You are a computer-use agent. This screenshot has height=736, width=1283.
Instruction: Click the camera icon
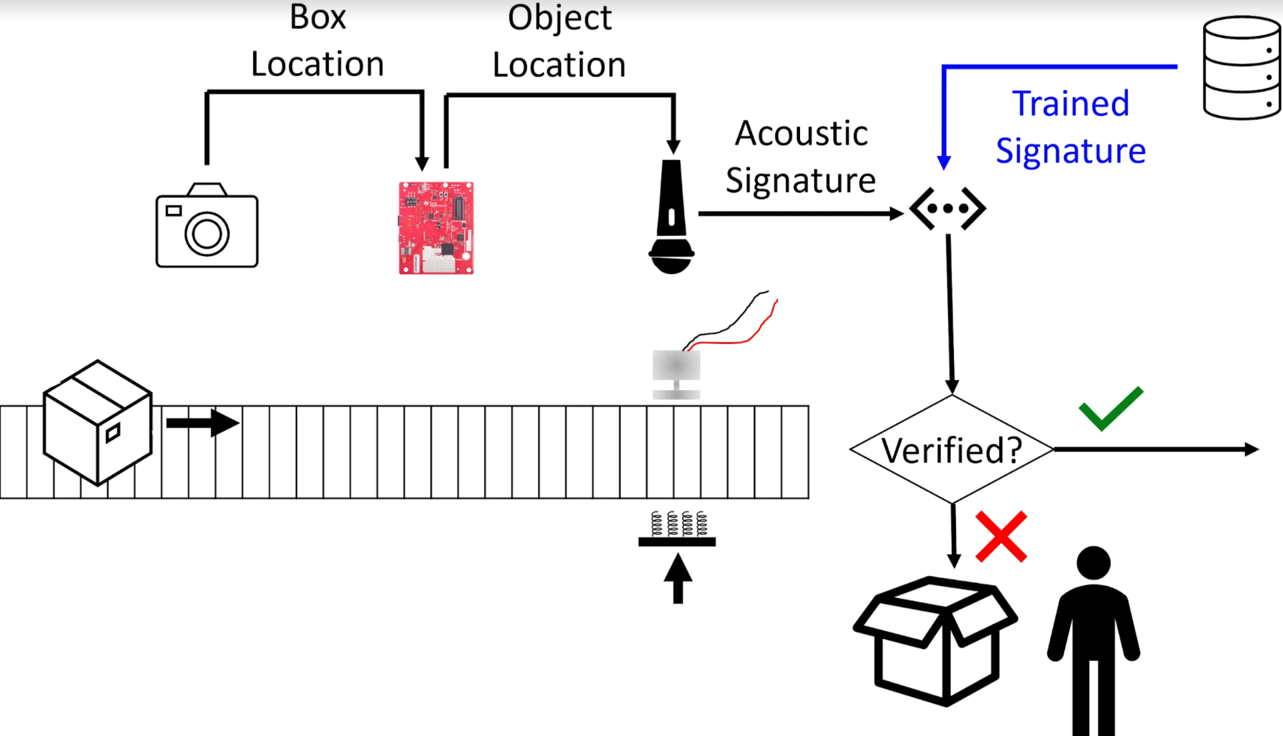(207, 225)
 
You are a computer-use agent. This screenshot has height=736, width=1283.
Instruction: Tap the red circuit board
(436, 227)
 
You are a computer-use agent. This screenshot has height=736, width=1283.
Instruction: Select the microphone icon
(671, 217)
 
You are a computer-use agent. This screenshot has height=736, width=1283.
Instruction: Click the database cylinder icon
(1242, 68)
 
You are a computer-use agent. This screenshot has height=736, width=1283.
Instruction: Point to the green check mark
(1110, 408)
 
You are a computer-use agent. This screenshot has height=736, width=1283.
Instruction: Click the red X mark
(1001, 537)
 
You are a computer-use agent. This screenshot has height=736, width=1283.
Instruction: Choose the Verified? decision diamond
(952, 449)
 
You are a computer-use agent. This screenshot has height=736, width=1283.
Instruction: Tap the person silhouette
(1093, 640)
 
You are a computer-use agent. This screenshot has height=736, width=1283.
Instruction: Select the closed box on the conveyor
(97, 423)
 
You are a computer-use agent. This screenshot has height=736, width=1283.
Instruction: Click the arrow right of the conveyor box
(203, 423)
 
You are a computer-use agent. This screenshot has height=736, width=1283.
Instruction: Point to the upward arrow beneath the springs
(677, 579)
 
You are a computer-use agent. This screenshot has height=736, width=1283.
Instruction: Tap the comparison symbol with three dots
(947, 209)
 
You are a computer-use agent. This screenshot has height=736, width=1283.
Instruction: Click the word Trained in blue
(1070, 104)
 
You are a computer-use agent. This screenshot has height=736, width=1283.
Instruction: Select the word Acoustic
(801, 133)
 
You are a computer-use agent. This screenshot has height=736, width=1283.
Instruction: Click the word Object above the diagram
(560, 18)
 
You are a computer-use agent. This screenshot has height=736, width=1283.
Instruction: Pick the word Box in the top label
(318, 17)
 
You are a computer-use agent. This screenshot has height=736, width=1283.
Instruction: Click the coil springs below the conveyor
(678, 524)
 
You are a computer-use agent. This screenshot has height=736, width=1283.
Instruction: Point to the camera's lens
(207, 233)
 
